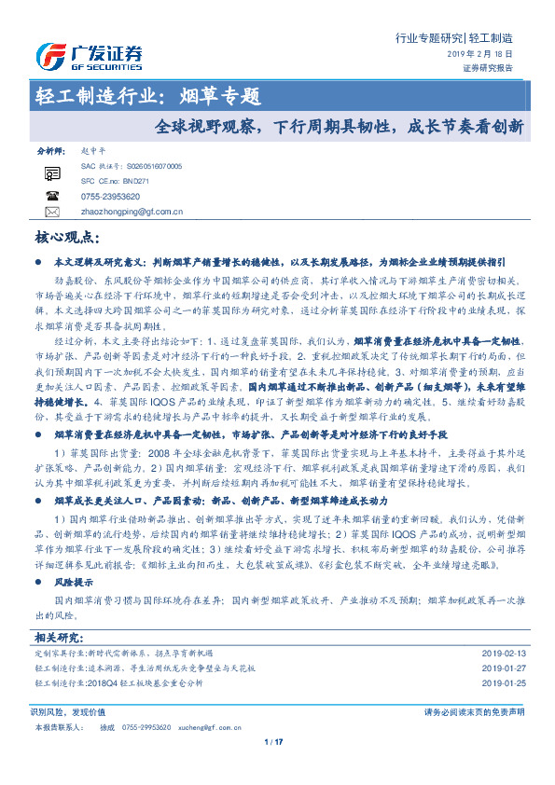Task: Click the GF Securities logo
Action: (x=88, y=57)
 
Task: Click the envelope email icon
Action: (x=52, y=212)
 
